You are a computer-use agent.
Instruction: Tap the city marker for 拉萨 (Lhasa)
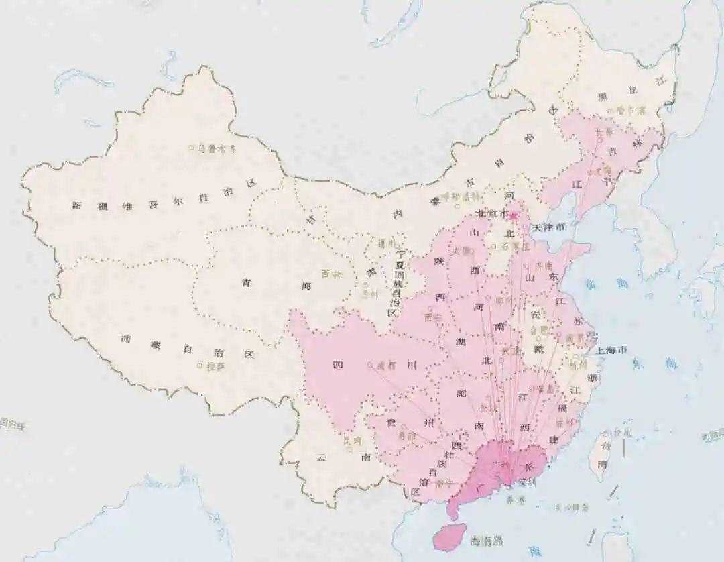click(200, 366)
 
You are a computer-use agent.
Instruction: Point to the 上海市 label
click(611, 350)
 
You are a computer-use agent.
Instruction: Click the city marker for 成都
click(370, 365)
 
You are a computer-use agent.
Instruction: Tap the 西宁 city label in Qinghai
click(329, 274)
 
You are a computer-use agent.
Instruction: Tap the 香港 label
click(516, 500)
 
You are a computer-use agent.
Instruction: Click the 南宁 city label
click(444, 483)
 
